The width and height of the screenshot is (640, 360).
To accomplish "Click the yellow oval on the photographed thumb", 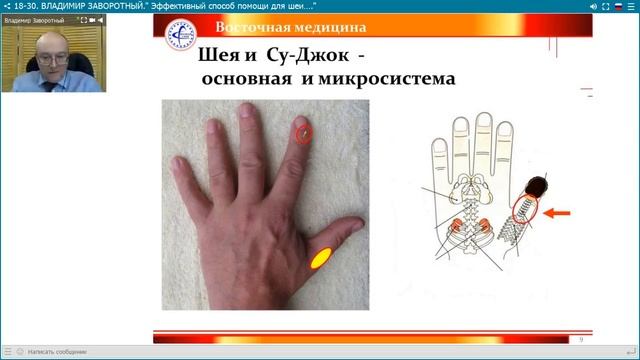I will pos(322,257).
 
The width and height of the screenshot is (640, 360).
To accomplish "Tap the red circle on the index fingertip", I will pos(304,131).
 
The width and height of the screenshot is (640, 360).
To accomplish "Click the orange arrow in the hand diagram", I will pos(561,212).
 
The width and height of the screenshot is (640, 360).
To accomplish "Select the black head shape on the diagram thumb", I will pos(537,185).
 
